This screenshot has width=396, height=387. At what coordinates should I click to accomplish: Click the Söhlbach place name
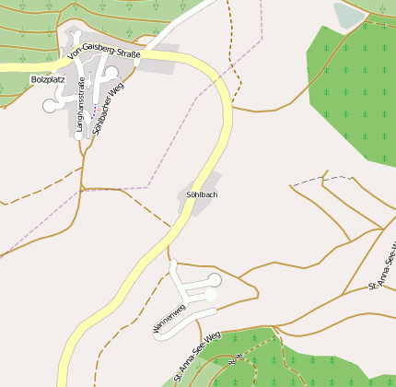tap(201, 195)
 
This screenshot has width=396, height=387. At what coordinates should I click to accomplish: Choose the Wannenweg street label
tap(169, 316)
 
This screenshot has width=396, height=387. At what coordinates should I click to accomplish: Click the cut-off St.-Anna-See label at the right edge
tap(383, 267)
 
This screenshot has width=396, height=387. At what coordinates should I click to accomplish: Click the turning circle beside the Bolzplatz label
tap(50, 105)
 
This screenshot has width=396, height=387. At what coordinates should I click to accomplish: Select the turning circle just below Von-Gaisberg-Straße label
tap(111, 72)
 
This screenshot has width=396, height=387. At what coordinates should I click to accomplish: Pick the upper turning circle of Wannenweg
tap(215, 279)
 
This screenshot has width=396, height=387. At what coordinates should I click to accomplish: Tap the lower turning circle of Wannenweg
tap(211, 296)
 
